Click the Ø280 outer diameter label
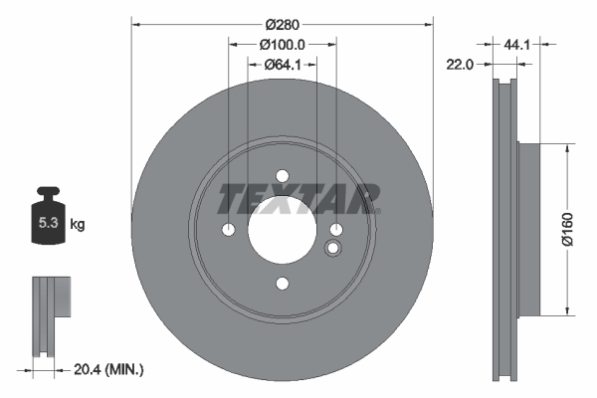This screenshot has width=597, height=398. click(283, 23)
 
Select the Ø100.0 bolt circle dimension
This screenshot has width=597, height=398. click(282, 45)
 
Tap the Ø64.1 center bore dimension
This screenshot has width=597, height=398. click(282, 65)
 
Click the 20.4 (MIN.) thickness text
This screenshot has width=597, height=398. click(109, 369)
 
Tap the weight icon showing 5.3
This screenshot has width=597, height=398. click(47, 221)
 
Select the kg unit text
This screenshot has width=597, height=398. click(77, 225)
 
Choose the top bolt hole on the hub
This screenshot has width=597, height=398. click(282, 175)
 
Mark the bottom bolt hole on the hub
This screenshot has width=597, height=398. click(282, 284)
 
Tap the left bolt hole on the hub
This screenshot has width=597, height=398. click(228, 230)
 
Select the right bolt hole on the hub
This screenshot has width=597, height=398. click(335, 230)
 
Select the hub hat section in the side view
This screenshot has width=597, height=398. click(528, 228)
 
